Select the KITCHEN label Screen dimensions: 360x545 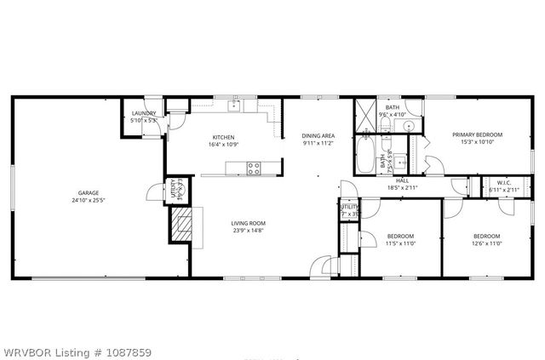(223, 137)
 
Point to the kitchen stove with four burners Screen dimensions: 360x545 (254, 168)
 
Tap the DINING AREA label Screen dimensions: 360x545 (318, 136)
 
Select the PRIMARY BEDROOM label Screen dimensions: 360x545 (477, 134)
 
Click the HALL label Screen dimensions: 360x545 (403, 180)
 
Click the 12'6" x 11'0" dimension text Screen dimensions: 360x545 (486, 243)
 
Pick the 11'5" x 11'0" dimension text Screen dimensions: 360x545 (400, 243)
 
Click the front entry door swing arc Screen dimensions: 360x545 (321, 266)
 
